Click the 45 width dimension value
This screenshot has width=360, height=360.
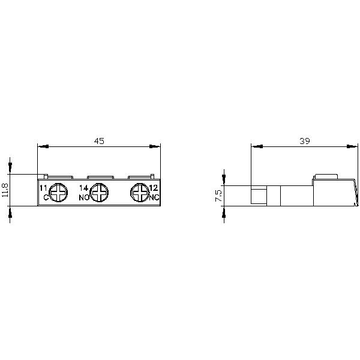tap(99, 141)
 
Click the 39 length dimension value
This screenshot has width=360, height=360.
tap(304, 141)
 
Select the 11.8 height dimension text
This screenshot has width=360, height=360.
tap(5, 190)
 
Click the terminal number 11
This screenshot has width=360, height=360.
tap(43, 188)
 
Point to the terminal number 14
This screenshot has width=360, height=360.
tap(84, 188)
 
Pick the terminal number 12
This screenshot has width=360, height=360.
tap(154, 188)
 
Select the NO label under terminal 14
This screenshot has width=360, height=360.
tap(84, 197)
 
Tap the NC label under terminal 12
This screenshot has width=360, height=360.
tap(154, 197)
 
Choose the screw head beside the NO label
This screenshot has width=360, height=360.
tap(99, 193)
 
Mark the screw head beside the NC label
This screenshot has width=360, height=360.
tap(140, 193)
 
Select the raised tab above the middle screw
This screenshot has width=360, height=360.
tap(100, 177)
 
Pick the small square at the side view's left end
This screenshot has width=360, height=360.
tap(257, 195)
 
